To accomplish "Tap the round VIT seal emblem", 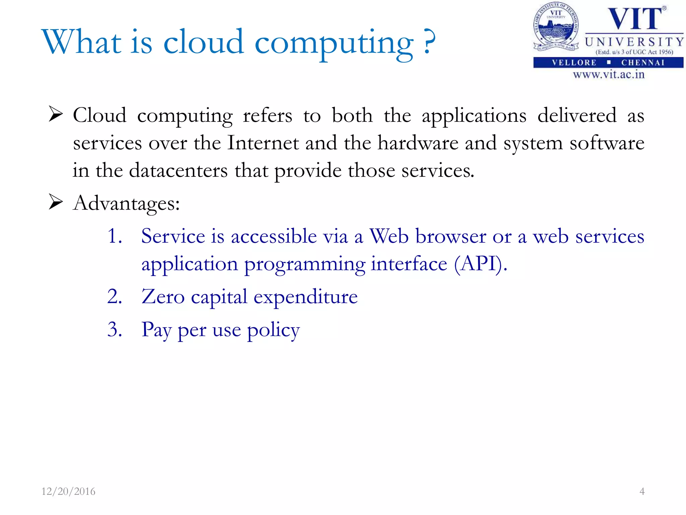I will [x=556, y=27].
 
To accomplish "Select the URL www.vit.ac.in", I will [x=609, y=74].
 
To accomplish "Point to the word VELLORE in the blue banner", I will [x=574, y=63].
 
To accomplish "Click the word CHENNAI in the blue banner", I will [x=643, y=63].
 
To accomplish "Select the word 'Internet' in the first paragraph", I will [x=263, y=143].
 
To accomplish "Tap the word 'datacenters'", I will [x=178, y=170].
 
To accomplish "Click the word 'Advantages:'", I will [x=126, y=203].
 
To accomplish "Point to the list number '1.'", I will [x=115, y=236].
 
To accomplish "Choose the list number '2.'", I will [x=115, y=297].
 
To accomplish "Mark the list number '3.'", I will [x=115, y=330].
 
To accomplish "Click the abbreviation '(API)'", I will [x=480, y=264].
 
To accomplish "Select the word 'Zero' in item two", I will [x=163, y=297].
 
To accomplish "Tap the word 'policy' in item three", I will [x=273, y=330].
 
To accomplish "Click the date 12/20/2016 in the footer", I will [x=68, y=492].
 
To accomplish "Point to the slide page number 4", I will [x=642, y=492].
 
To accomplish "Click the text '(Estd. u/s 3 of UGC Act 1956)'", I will [x=634, y=52].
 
